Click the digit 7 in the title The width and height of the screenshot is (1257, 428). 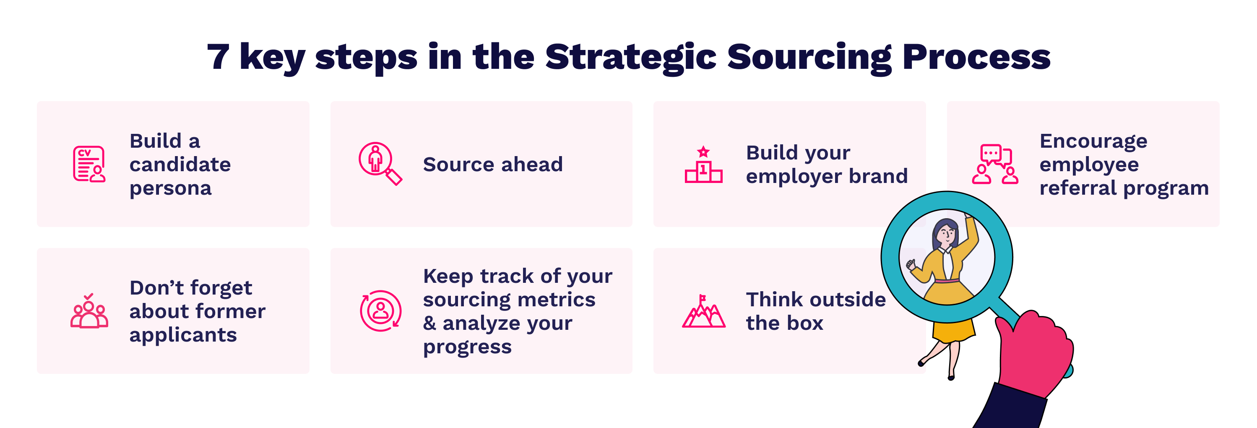[218, 57]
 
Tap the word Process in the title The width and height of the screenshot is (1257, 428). [976, 57]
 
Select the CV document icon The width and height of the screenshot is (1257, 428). [89, 164]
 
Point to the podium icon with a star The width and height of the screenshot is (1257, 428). [703, 164]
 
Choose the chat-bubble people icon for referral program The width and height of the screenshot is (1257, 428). [995, 164]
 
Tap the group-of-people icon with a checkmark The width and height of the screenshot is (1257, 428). [89, 311]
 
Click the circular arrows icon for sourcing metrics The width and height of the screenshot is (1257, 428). [380, 311]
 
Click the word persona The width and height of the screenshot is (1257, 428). [171, 189]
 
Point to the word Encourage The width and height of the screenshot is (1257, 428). [1093, 142]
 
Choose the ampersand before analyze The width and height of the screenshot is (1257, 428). [429, 323]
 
